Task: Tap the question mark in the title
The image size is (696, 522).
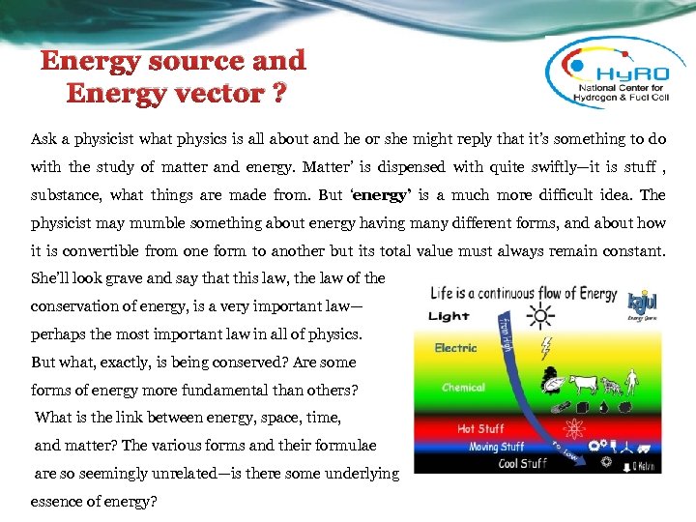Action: [277, 94]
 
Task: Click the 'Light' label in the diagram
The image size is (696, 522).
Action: [449, 315]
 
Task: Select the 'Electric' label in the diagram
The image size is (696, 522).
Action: [454, 348]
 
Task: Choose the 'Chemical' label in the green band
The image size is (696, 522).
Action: [463, 387]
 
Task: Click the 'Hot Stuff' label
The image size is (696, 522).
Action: [480, 429]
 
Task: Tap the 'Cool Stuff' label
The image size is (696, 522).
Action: [497, 463]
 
